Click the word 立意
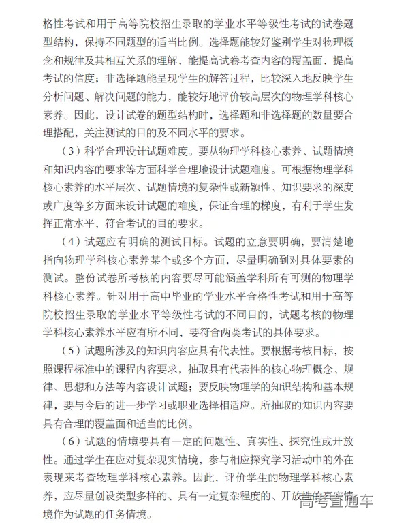click(247, 240)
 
